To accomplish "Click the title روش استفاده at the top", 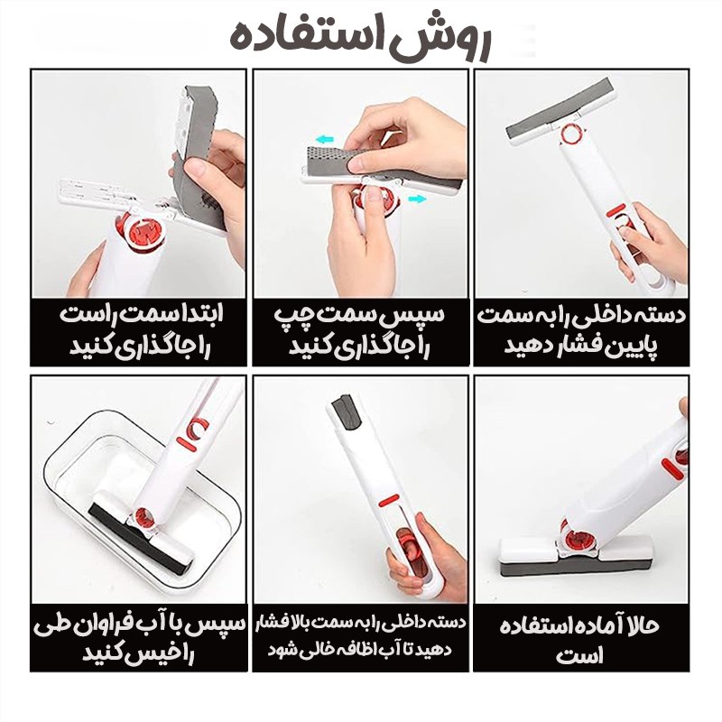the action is point(360,39).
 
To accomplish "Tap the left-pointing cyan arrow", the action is point(326,139).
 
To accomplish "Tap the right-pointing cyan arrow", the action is point(417,199).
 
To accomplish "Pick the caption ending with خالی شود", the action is point(359,636).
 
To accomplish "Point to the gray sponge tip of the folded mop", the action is point(347,412).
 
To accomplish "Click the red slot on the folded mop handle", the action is point(389,500).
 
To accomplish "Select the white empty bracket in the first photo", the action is point(97,192).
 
